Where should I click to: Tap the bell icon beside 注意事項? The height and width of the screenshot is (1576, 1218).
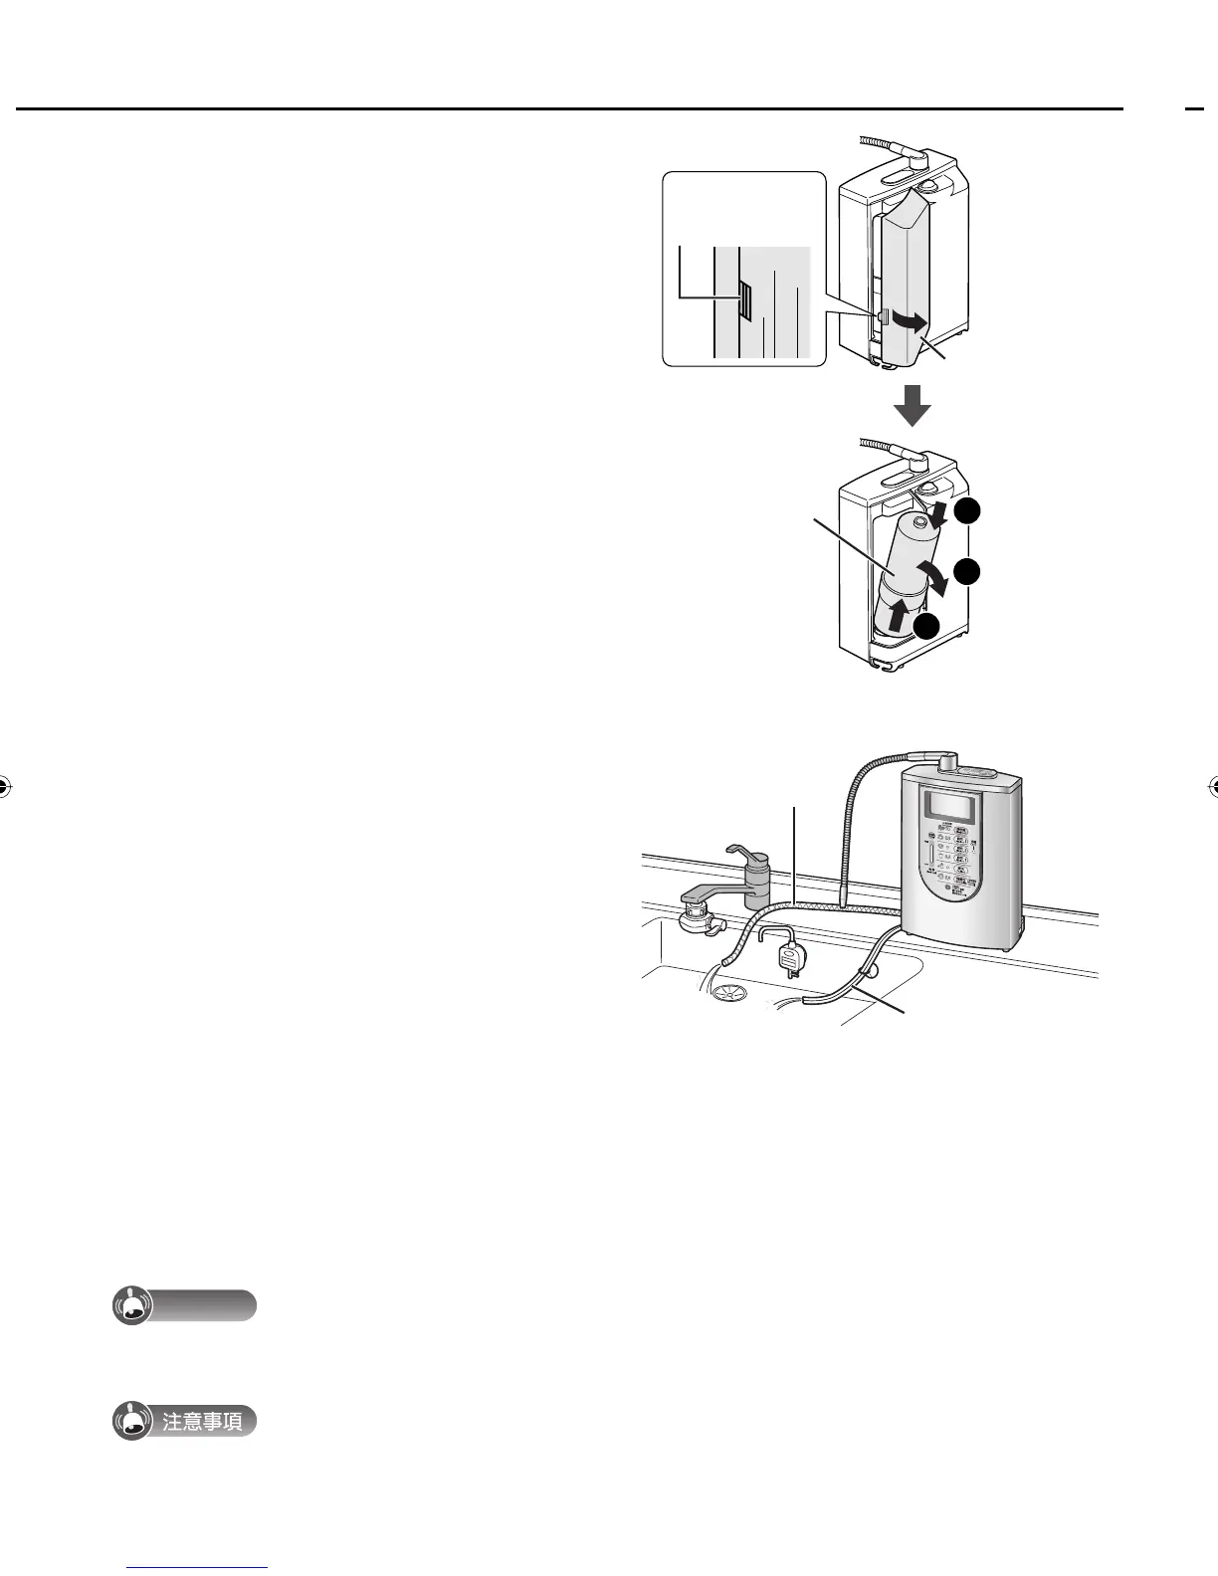[x=132, y=1422]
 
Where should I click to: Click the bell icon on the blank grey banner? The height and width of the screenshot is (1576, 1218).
[x=132, y=1306]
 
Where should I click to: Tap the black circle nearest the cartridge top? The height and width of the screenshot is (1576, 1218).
[x=968, y=512]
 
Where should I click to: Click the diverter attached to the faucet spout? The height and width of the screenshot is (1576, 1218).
[x=701, y=917]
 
